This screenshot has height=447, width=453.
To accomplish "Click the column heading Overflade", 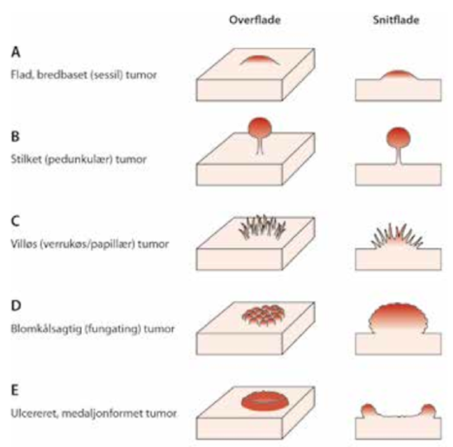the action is click(x=255, y=20).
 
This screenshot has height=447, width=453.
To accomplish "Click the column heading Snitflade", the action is click(x=396, y=20).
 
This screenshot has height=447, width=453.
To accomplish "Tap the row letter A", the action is click(x=15, y=52).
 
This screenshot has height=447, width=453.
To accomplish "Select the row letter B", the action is click(x=15, y=137).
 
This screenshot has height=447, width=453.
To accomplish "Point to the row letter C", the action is click(x=15, y=221).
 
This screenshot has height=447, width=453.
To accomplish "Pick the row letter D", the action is click(x=16, y=305).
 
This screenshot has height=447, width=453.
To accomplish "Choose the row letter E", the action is click(x=15, y=390).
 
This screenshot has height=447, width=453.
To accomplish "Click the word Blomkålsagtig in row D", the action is click(x=46, y=329).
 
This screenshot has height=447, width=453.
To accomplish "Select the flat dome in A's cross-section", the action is click(x=398, y=75).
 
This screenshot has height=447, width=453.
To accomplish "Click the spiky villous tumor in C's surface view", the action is click(x=262, y=227).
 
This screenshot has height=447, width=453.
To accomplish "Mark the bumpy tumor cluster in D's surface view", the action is click(x=263, y=316).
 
